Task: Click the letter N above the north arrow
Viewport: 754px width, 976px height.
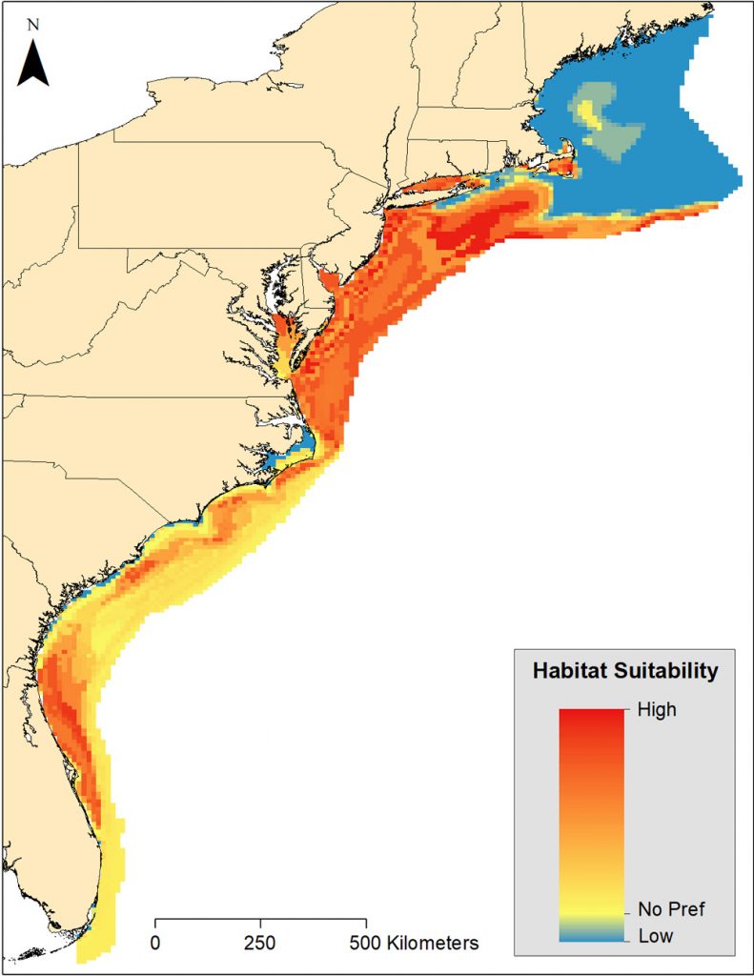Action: [x=33, y=26]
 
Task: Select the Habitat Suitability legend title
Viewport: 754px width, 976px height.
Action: [x=623, y=671]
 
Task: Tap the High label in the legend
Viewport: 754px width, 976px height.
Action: [x=653, y=709]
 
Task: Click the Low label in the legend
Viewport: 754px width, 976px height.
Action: [x=656, y=936]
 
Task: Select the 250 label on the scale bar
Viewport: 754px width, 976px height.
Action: [x=260, y=944]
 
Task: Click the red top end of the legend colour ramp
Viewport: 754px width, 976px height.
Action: [x=591, y=715]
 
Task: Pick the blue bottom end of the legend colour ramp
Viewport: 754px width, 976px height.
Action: [x=591, y=935]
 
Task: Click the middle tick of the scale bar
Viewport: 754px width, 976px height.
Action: [x=260, y=923]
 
